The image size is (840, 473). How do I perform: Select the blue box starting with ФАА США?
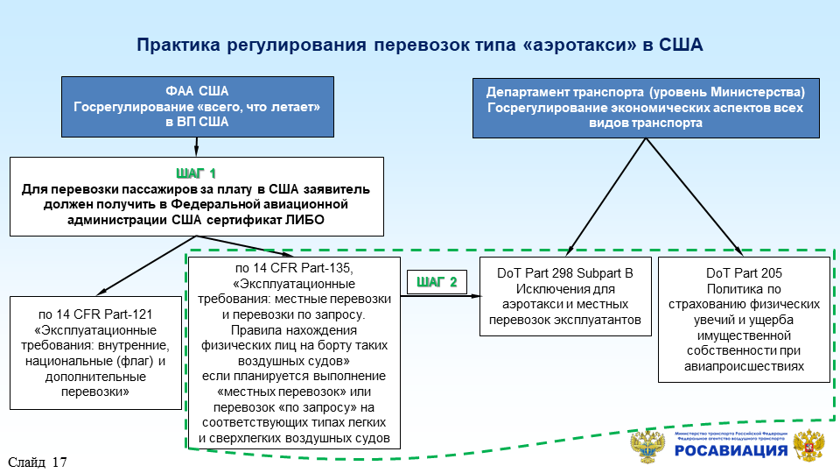pos(197,106)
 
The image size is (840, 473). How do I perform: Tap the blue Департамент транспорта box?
pos(646,106)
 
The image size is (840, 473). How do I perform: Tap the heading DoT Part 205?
pos(743,273)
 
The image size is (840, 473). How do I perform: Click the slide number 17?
pos(59,462)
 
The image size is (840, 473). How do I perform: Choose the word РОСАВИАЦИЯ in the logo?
pos(731,451)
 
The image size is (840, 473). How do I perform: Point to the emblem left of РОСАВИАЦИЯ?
pos(647,446)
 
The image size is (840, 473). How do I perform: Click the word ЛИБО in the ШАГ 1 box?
pos(304,220)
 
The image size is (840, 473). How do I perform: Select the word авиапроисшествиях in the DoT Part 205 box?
pos(743,367)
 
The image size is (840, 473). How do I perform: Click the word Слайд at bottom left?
pos(27,462)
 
